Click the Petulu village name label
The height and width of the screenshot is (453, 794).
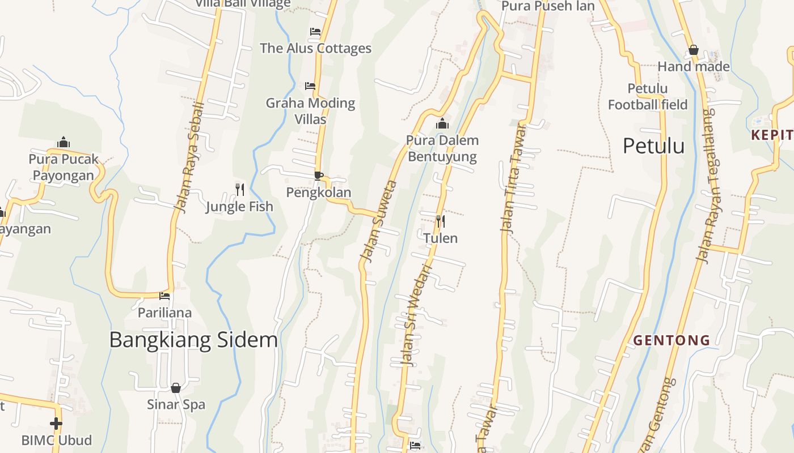[653, 146]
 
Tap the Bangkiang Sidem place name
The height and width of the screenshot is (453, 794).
[193, 340]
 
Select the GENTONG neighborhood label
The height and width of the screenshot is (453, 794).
[671, 340]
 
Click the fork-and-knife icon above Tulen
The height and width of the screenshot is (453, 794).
[440, 221]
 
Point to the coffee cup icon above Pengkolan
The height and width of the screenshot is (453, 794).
[318, 176]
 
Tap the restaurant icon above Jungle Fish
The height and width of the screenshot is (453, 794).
[240, 189]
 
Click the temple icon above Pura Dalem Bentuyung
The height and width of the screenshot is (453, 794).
[442, 123]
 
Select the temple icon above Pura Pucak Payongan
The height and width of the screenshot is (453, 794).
[64, 142]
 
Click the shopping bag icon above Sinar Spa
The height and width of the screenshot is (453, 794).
[176, 388]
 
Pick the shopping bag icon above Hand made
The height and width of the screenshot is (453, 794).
[693, 50]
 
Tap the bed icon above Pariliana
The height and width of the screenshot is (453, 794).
[164, 296]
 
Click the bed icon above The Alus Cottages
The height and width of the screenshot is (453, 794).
[315, 32]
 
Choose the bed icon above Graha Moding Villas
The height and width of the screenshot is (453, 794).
[310, 86]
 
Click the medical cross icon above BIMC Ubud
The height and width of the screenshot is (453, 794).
[56, 423]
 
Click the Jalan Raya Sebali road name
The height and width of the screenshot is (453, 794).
[189, 158]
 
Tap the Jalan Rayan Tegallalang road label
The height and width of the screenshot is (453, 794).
[706, 186]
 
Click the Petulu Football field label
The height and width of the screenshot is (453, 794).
[648, 97]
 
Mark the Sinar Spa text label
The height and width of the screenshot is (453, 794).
[176, 405]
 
